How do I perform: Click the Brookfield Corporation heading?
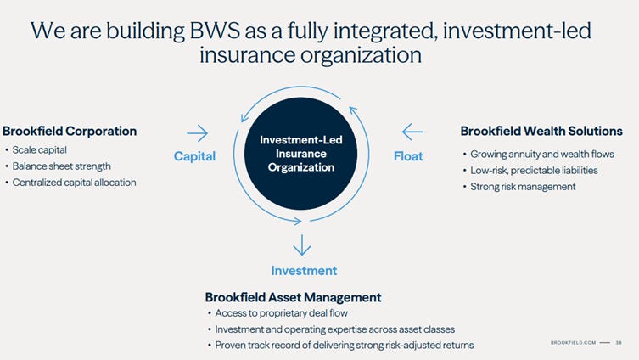coord(70,132)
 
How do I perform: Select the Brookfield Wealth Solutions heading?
coord(541,132)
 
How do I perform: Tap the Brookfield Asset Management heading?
coord(293,297)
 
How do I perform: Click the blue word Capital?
coord(194,156)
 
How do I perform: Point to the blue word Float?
coord(408,156)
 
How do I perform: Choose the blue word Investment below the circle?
coord(304,271)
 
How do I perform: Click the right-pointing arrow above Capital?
coord(197,132)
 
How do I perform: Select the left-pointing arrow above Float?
coord(412,132)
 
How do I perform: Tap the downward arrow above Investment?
coord(301,245)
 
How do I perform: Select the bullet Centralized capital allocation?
coord(74,183)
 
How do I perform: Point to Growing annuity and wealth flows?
coord(540,155)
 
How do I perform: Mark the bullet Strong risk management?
coord(523,187)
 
